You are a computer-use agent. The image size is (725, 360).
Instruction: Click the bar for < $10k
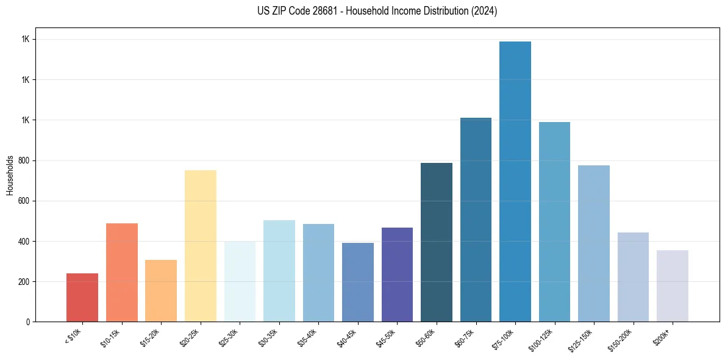pos(82,297)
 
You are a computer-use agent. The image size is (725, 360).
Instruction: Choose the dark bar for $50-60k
pos(437,242)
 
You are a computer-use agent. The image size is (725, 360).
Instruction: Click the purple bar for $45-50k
pos(397,274)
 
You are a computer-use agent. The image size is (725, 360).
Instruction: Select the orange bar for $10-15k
pos(122,272)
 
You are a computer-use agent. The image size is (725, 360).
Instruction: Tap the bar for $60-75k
pos(476,220)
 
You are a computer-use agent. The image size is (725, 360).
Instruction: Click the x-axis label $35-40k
pos(309,337)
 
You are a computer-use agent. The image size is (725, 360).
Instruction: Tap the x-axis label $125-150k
pos(582,339)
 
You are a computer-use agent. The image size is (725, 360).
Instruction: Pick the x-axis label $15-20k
pos(151,337)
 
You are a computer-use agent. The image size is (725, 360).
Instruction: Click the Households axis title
pos(10,175)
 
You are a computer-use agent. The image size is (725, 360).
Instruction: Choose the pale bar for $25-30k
pos(240,281)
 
